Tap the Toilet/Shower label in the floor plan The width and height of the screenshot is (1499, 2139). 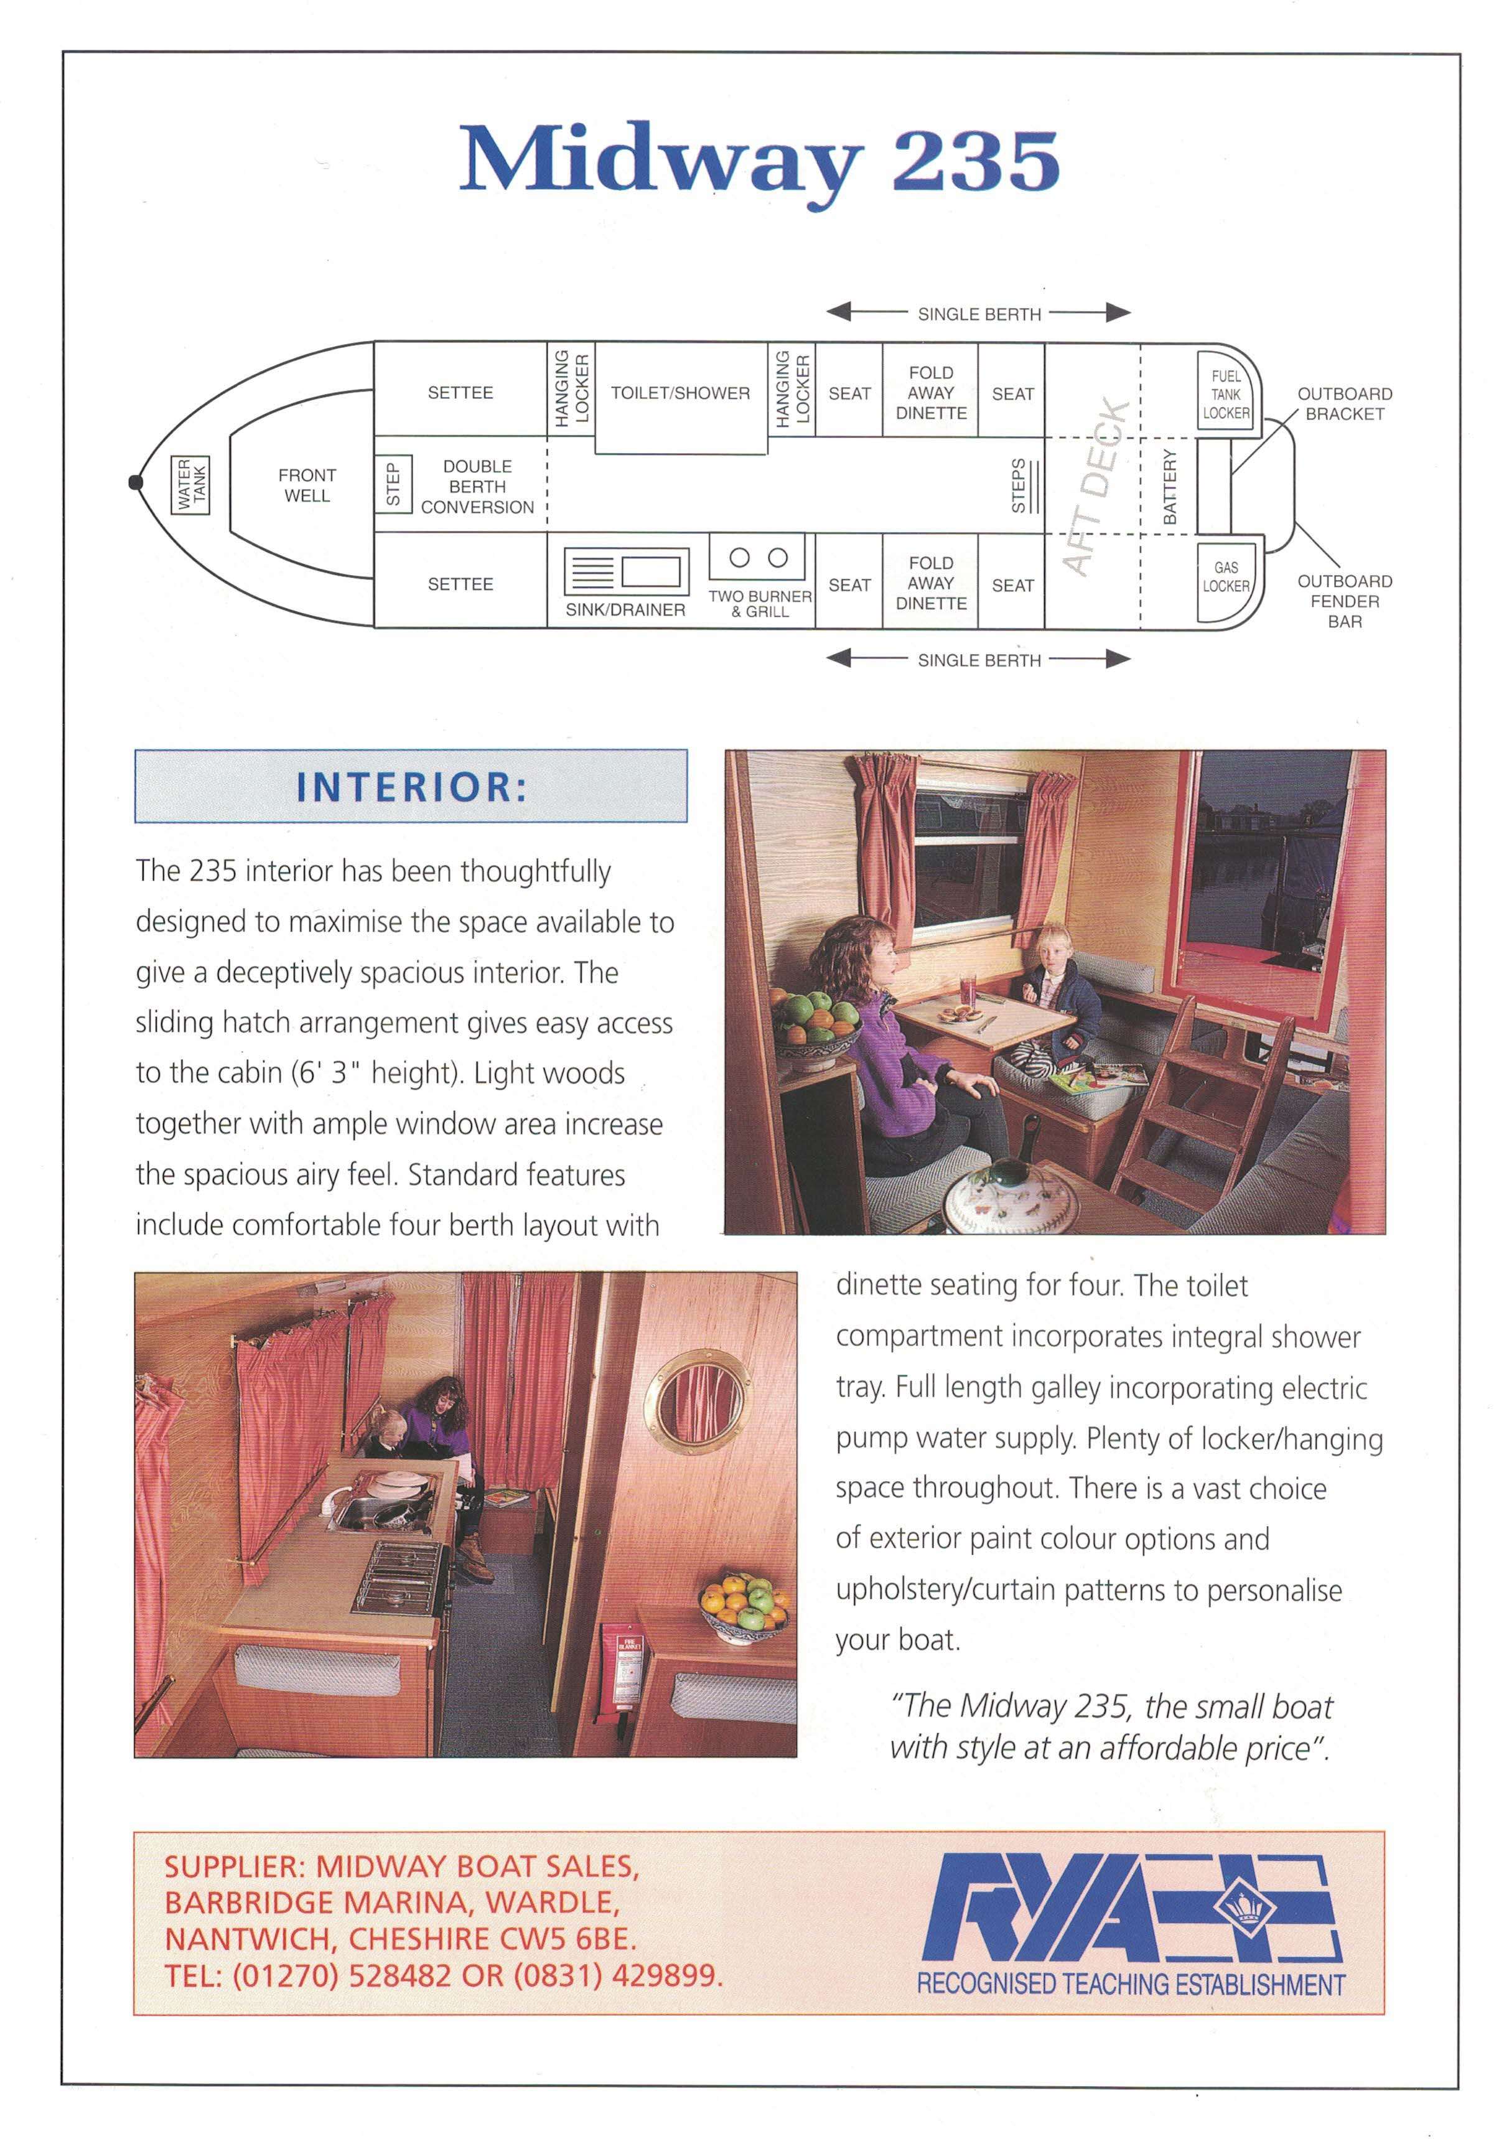(680, 393)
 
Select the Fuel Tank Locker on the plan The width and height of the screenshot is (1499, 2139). (1225, 394)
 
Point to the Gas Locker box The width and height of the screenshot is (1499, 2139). (1225, 578)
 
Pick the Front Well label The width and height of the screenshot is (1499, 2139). (307, 485)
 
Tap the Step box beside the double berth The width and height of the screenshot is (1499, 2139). (392, 484)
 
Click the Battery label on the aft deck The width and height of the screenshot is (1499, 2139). (1170, 486)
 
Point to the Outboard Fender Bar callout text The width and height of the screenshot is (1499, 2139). (1344, 601)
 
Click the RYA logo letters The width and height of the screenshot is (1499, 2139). (1044, 1914)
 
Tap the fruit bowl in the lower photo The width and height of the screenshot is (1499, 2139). (744, 1604)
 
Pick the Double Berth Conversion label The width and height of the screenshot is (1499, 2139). (477, 486)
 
